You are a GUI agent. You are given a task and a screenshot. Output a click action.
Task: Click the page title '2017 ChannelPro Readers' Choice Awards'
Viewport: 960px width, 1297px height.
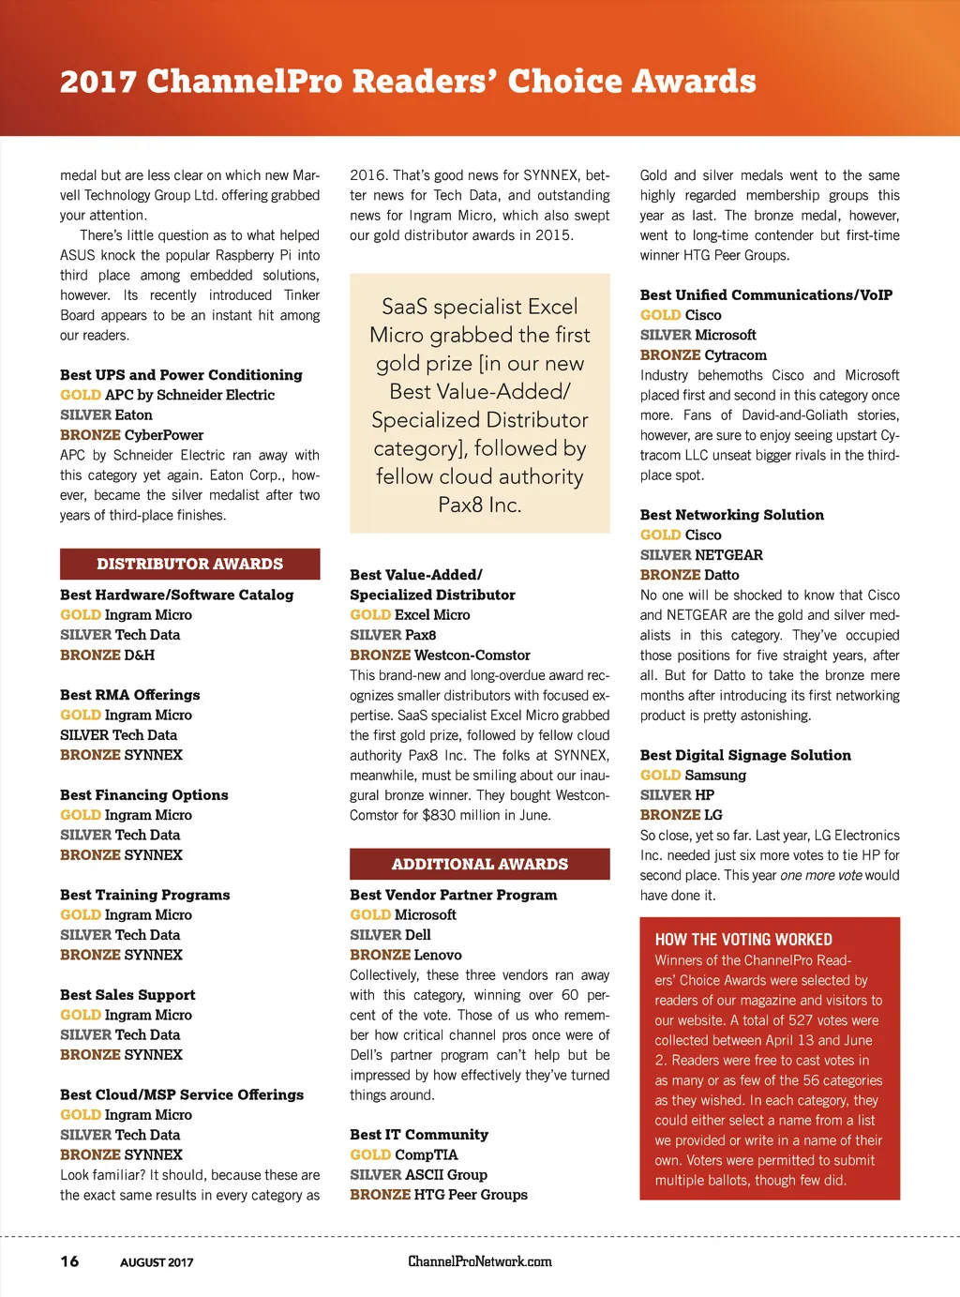(408, 82)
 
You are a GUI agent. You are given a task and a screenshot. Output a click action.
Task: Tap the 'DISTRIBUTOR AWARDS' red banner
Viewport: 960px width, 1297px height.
(189, 564)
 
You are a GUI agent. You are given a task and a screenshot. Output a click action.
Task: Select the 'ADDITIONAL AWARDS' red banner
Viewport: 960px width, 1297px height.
(480, 864)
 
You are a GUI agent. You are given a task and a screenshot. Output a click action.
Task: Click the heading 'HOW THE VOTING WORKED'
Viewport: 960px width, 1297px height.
(743, 940)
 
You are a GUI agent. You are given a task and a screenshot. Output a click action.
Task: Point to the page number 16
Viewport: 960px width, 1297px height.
(69, 1261)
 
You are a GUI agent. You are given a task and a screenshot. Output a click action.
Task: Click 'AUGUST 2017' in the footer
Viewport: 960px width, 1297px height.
(157, 1262)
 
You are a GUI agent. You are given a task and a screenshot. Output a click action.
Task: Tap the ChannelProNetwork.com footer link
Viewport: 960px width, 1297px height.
(480, 1261)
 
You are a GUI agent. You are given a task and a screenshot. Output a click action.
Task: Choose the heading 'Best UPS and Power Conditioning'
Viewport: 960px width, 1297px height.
(181, 375)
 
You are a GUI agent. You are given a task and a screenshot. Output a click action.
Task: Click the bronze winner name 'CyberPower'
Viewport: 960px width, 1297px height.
(164, 435)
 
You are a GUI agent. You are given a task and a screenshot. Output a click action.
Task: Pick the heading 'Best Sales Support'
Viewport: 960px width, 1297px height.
(127, 995)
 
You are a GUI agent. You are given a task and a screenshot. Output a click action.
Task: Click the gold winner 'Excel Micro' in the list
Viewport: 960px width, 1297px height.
(432, 615)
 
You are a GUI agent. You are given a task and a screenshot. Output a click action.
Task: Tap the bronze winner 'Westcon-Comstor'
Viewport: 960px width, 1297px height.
(472, 656)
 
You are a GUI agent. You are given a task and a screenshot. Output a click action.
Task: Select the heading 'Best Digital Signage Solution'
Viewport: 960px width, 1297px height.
(745, 755)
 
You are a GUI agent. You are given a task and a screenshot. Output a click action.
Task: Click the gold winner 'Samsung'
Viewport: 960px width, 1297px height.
(715, 776)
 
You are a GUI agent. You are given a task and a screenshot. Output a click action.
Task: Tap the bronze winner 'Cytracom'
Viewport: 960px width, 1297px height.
(735, 355)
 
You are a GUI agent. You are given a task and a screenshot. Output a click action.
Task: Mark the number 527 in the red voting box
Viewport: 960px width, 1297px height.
(801, 1020)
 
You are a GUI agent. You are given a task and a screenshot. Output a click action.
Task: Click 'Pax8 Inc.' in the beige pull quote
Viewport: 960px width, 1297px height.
(479, 505)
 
